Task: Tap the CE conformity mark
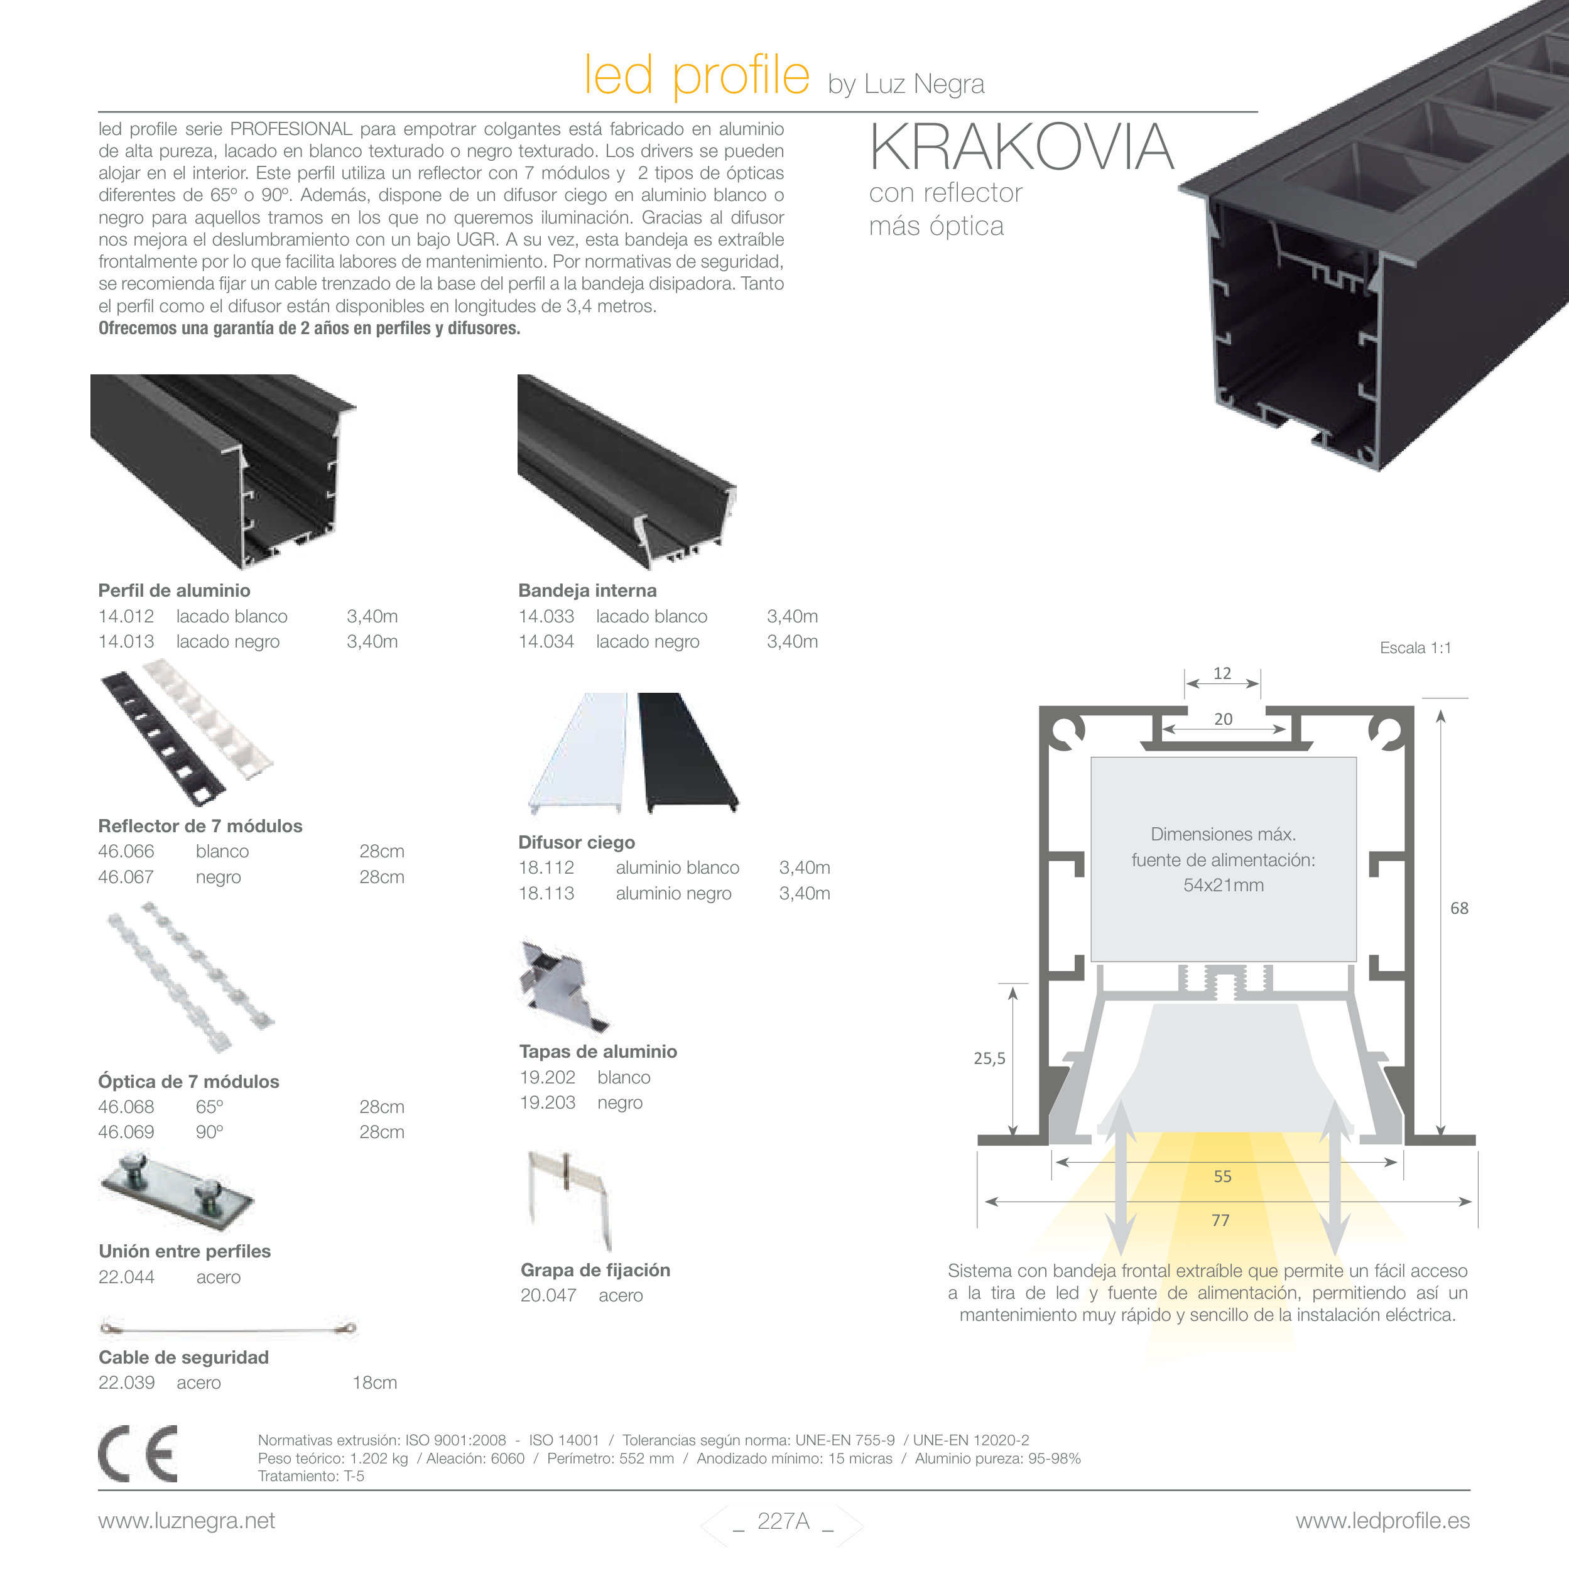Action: click(x=138, y=1453)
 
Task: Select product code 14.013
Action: click(x=126, y=641)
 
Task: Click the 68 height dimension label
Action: click(x=1458, y=908)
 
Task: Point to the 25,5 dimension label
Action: click(x=989, y=1058)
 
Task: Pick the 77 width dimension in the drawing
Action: click(x=1220, y=1220)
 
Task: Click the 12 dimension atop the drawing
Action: click(x=1222, y=673)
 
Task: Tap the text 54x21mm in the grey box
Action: click(x=1223, y=885)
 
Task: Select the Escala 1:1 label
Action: click(x=1414, y=648)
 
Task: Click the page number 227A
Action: click(x=783, y=1521)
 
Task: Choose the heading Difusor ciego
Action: click(x=577, y=842)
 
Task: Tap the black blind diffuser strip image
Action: click(x=688, y=751)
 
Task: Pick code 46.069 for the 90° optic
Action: click(x=126, y=1132)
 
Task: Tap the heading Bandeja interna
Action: click(x=587, y=590)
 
